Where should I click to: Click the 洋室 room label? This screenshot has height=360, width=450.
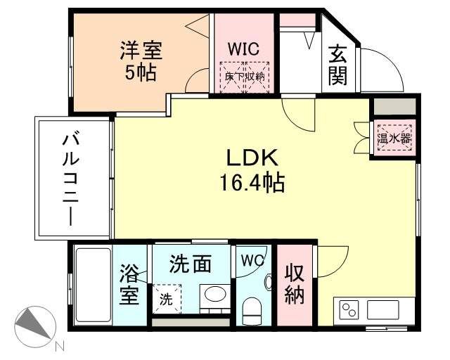141,51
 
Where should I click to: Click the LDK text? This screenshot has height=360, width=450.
253,157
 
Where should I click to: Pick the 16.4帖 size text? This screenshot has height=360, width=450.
253,184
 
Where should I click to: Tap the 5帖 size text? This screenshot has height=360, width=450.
141,72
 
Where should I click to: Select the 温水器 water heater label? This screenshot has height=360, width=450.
394,139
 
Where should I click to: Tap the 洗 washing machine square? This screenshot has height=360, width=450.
167,298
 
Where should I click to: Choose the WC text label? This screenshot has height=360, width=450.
252,260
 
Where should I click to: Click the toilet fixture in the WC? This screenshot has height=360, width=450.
251,309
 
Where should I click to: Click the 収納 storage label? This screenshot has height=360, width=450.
294,285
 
